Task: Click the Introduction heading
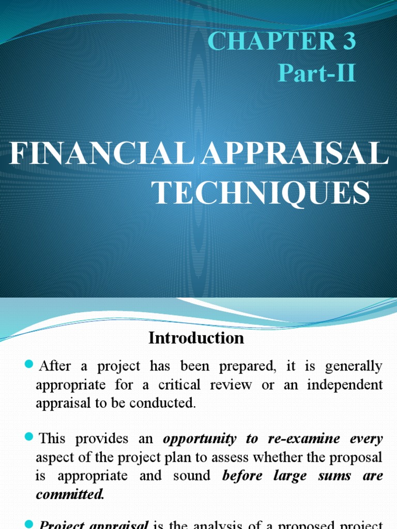(196, 338)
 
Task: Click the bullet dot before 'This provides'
(28, 439)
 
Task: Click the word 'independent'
(346, 385)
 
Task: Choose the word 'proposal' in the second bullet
(357, 458)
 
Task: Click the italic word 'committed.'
(70, 494)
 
